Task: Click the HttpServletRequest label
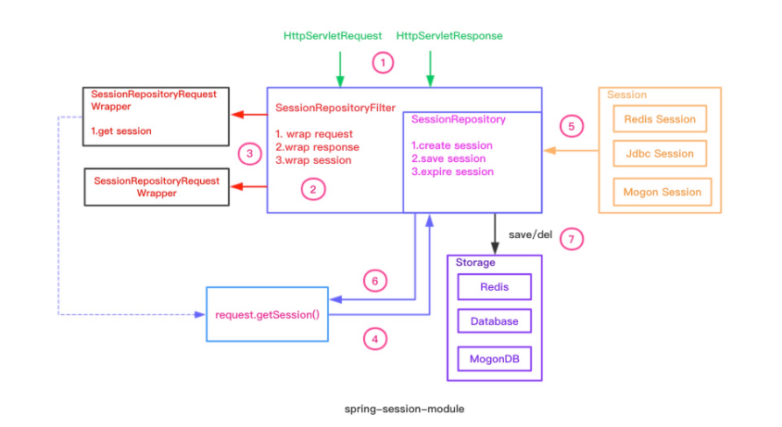click(x=332, y=36)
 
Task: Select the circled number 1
click(x=383, y=63)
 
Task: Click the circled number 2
click(x=313, y=189)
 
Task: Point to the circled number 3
click(x=246, y=153)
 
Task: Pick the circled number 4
click(x=374, y=340)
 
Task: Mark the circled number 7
click(x=572, y=239)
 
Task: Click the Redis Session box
click(x=660, y=119)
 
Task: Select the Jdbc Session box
click(x=660, y=155)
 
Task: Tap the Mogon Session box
click(x=660, y=192)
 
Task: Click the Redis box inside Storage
click(x=494, y=287)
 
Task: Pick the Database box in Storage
click(x=494, y=321)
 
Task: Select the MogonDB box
click(x=494, y=358)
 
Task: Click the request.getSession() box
click(x=267, y=314)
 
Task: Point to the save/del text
click(x=530, y=235)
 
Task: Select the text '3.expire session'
click(x=452, y=171)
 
